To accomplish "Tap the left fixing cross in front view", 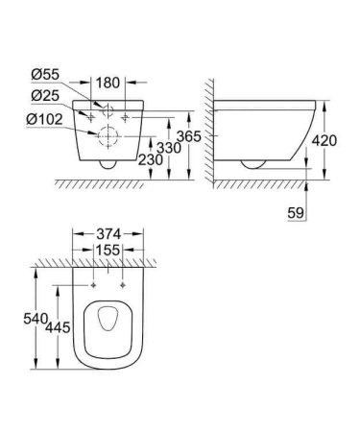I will click(x=90, y=115).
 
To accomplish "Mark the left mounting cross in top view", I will click(x=93, y=285).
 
